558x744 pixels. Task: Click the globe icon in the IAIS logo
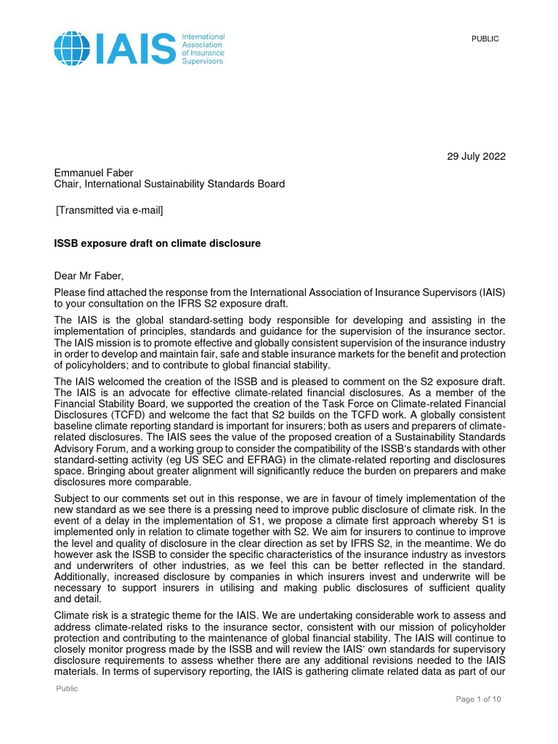[72, 47]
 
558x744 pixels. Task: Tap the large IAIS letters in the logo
[134, 48]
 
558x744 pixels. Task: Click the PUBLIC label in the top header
[485, 39]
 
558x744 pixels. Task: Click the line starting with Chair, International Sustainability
[169, 184]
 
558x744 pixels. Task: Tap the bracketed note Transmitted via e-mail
[110, 211]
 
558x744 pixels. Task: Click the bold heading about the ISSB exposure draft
[157, 243]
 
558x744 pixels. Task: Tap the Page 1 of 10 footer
[478, 699]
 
